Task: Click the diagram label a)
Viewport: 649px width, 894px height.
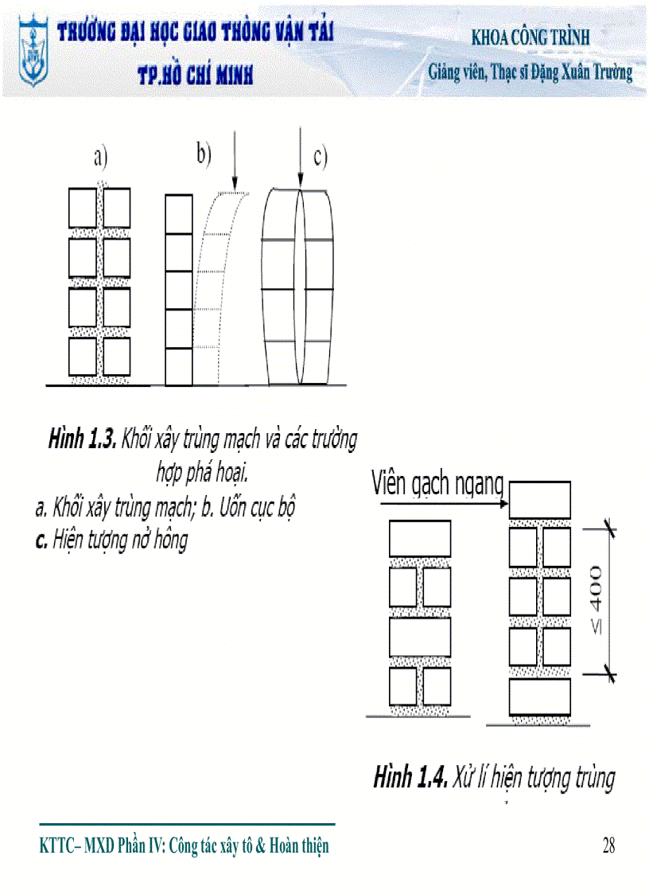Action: click(x=99, y=158)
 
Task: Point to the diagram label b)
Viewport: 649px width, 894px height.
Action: click(x=204, y=153)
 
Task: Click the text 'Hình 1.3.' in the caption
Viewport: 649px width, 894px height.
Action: click(x=83, y=438)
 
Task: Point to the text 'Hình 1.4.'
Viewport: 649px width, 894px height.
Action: click(x=409, y=777)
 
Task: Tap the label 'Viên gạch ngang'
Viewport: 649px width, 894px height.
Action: click(x=437, y=483)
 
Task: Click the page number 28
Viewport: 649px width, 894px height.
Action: click(x=608, y=846)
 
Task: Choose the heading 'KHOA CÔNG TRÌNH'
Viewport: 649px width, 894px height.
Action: click(x=530, y=37)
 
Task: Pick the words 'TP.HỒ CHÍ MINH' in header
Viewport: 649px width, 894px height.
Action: click(x=195, y=75)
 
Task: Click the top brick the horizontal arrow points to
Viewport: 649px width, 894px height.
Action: click(x=539, y=499)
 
